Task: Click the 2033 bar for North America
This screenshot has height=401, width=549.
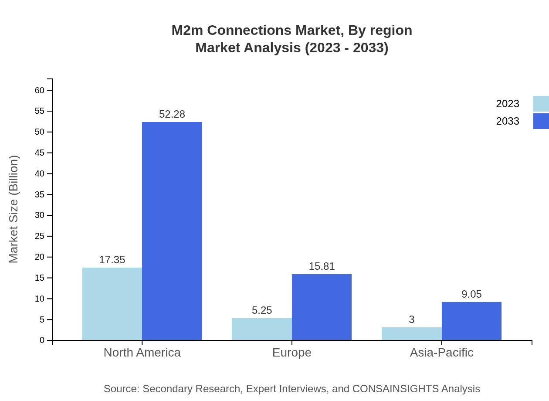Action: point(172,231)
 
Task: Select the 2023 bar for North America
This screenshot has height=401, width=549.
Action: point(112,304)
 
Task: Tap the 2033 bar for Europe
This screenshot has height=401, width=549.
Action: point(322,307)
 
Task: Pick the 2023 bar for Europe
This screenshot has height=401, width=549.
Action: point(261,329)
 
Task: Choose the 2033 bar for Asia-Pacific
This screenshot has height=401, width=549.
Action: point(471,321)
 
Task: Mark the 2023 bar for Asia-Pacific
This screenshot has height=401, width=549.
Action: point(411,334)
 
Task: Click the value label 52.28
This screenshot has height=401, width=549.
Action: point(172,114)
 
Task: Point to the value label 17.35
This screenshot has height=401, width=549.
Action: point(112,260)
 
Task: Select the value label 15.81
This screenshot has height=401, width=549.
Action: point(322,266)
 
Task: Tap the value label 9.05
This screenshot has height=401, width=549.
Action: point(471,294)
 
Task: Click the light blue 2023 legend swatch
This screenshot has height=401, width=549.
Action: point(541,104)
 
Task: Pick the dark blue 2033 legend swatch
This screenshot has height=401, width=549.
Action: point(541,121)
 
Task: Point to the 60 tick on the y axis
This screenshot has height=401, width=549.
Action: point(40,90)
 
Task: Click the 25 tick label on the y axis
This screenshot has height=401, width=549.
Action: point(40,236)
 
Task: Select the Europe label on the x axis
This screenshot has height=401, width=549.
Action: point(291,352)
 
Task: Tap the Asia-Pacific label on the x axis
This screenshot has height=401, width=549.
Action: point(441,352)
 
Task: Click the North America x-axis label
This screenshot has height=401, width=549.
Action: point(142,352)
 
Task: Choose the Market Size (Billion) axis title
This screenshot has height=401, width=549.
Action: point(14,209)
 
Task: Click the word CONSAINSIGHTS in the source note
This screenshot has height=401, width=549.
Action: point(395,389)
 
